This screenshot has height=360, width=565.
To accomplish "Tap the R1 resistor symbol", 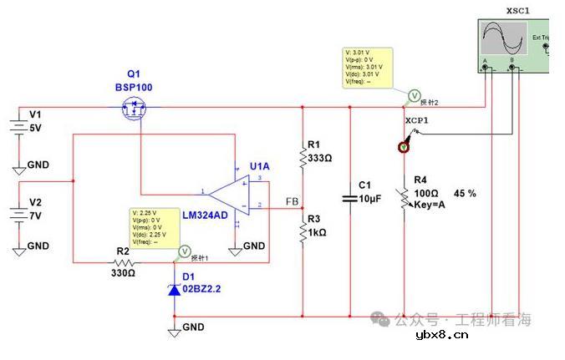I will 303,157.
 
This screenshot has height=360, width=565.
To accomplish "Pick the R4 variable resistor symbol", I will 405,199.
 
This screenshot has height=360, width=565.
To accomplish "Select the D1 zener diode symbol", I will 174,289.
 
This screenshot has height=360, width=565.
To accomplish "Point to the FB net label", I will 293,202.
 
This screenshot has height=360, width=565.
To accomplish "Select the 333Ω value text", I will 320,158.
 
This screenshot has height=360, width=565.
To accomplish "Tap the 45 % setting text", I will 465,193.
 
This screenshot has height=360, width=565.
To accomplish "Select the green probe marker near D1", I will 186,250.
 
